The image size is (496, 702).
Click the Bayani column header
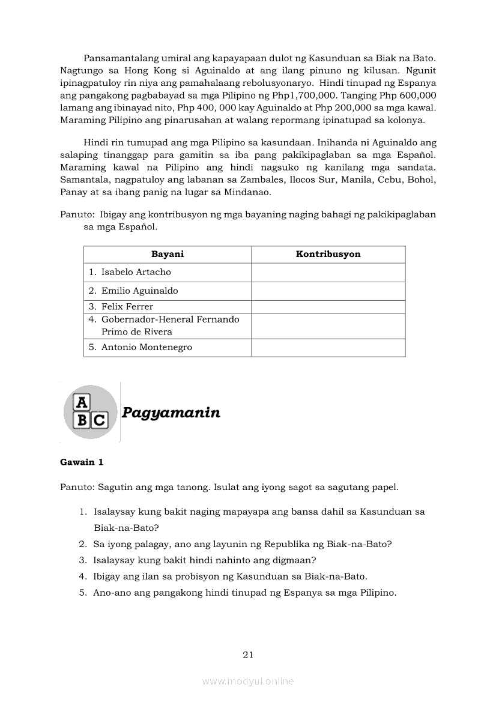167,254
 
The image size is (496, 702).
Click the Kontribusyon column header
328,254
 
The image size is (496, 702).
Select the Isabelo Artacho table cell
136,272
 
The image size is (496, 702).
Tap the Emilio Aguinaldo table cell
139,291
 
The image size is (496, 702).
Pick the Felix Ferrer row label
127,307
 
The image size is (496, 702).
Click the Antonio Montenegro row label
147,347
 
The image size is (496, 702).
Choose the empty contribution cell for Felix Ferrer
328,307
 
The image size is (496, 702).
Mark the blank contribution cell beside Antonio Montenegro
328,347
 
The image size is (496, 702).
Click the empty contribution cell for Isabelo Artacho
328,272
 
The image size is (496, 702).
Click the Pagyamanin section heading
171,413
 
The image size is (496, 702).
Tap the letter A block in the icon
81,402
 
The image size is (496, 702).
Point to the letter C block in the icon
99,420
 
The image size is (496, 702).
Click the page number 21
248,655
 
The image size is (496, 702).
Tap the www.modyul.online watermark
248,681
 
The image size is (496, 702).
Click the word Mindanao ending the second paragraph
250,192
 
